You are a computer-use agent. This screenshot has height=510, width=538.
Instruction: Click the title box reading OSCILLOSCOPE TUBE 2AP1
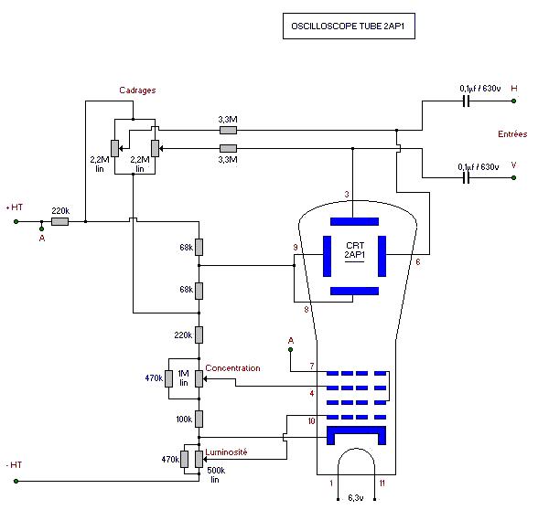(x=349, y=26)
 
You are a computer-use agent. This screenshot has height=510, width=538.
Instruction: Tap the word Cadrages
(x=137, y=90)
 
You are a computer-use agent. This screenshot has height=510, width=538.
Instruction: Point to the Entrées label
(x=512, y=134)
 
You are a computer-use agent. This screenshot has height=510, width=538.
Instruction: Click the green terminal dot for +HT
(x=16, y=222)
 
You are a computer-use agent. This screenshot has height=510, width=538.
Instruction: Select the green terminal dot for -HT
(x=16, y=481)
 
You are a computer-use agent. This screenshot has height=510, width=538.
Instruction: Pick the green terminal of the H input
(x=513, y=101)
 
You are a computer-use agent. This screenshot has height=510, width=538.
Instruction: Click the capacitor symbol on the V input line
(x=466, y=178)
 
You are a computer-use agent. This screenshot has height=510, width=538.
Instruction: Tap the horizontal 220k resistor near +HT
(x=60, y=222)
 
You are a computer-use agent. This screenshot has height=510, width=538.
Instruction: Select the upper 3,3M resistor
(x=228, y=130)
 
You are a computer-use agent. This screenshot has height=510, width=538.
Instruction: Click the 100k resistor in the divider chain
(x=199, y=419)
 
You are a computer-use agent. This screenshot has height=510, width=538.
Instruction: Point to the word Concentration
(x=232, y=368)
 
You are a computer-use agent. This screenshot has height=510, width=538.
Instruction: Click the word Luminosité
(x=226, y=452)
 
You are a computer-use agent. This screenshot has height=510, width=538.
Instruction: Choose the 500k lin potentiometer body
(x=199, y=459)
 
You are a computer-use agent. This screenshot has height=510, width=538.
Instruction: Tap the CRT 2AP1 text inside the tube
(x=355, y=250)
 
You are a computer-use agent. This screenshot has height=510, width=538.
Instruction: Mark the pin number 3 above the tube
(x=347, y=195)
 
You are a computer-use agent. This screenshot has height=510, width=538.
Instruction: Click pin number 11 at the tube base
(x=382, y=483)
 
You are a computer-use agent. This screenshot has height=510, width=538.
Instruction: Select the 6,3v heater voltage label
(x=356, y=498)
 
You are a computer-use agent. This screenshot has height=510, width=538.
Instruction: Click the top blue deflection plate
(x=354, y=221)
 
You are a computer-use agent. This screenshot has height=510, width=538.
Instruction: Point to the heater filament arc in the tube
(x=357, y=448)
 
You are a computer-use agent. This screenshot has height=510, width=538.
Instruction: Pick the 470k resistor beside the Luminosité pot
(x=185, y=459)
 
